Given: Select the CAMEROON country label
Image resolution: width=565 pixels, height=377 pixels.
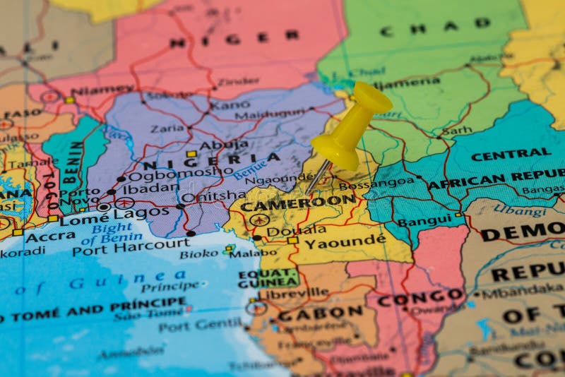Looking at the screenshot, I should [x=298, y=203].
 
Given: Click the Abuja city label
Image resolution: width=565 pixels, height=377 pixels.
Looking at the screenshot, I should [x=224, y=145].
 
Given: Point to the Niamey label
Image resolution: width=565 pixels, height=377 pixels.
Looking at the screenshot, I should [x=102, y=91].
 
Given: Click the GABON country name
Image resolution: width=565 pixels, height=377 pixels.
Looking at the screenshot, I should [x=320, y=313].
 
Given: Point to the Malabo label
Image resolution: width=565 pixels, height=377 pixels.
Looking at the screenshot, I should [x=252, y=253].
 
